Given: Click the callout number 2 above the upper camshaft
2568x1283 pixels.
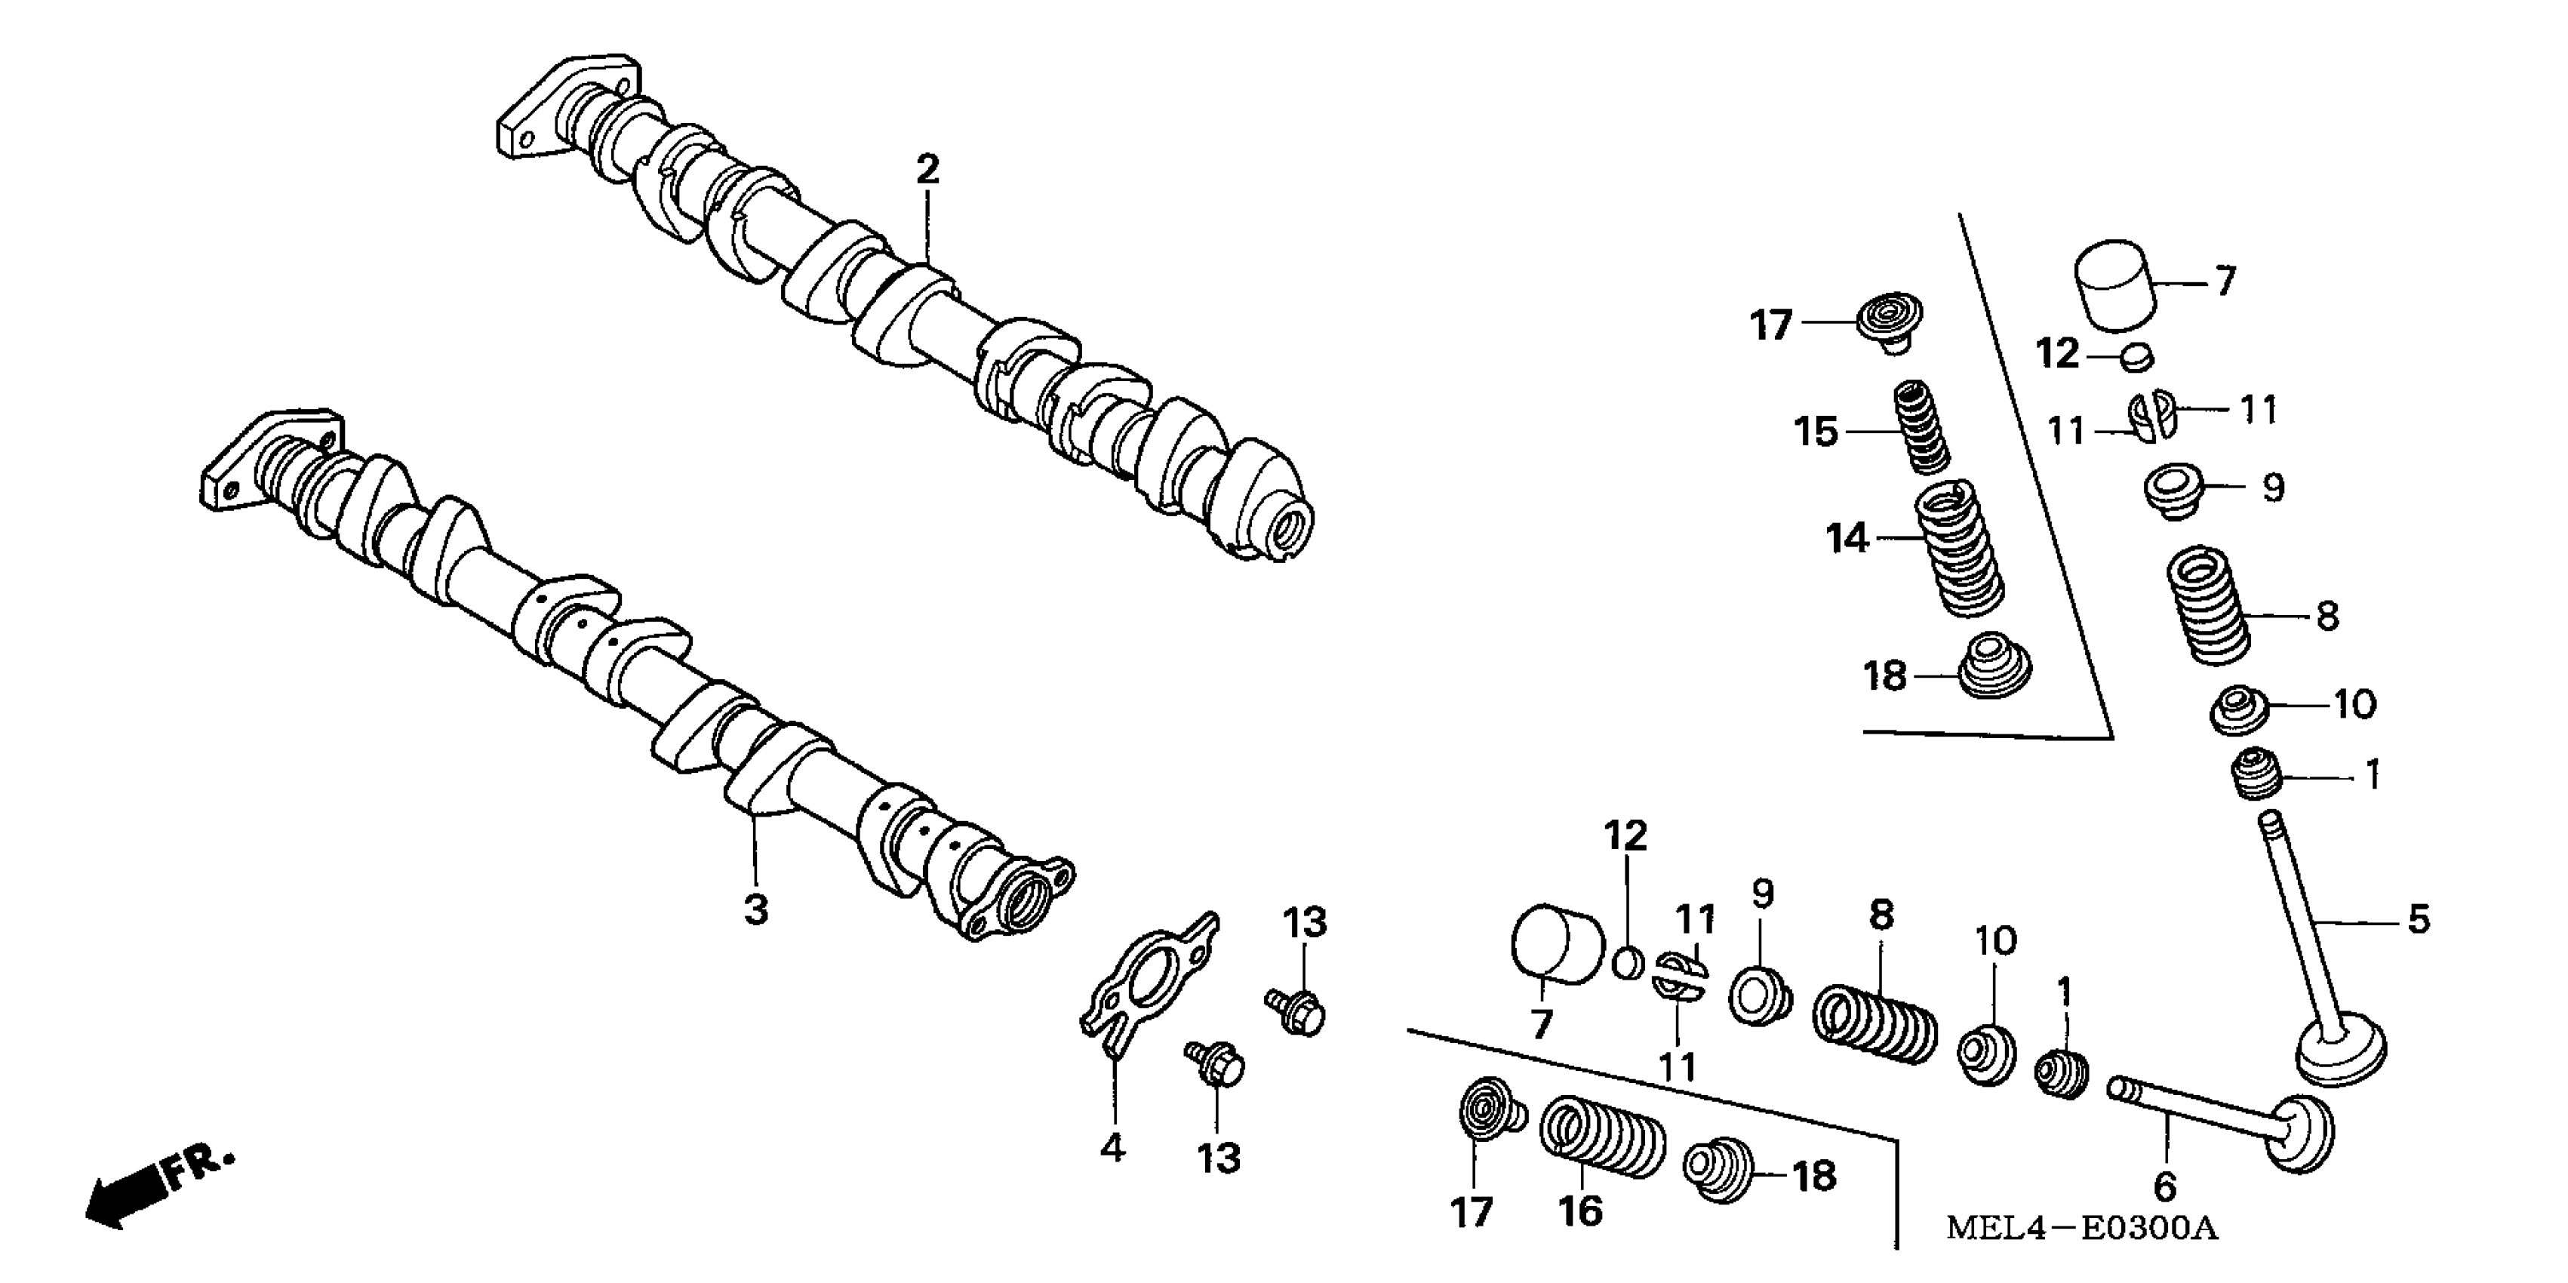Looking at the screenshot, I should [927, 171].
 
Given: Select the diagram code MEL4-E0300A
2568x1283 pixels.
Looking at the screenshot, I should [2081, 1228].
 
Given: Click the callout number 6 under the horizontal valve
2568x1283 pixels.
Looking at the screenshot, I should [2164, 1186].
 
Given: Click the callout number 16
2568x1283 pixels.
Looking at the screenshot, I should [1580, 1211].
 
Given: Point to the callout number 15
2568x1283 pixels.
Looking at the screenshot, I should [1816, 432].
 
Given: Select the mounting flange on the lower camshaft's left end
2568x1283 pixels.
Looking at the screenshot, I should [264, 463].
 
